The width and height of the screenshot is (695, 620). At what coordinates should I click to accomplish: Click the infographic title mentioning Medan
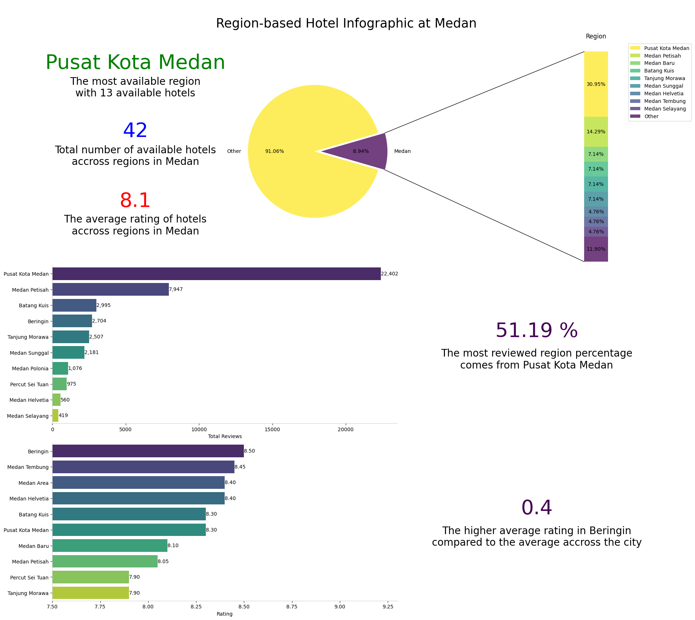(346, 24)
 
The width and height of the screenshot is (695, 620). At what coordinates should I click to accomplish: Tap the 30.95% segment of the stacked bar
(596, 84)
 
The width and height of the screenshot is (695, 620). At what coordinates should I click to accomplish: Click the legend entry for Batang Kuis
(659, 71)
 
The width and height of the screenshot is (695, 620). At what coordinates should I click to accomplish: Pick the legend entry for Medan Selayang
(665, 109)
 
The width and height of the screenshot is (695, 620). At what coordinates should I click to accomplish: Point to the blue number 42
(135, 131)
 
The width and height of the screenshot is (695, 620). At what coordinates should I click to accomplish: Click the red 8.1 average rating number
(135, 200)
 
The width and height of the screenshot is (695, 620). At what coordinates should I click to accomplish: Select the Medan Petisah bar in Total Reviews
(111, 290)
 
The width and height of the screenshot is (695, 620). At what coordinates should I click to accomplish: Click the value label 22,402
(390, 274)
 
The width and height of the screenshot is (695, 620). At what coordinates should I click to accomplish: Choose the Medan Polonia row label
(30, 369)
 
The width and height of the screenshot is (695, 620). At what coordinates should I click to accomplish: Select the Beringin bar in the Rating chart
(148, 451)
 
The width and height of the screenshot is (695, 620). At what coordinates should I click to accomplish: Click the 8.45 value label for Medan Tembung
(240, 467)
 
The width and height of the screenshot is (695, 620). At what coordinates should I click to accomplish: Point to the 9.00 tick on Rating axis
(340, 607)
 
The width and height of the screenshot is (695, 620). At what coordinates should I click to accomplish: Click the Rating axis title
(224, 614)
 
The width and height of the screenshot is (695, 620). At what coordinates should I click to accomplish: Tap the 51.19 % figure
(536, 331)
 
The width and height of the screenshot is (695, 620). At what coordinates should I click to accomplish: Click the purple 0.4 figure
(536, 508)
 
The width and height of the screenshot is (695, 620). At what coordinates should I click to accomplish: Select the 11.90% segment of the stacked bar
(596, 249)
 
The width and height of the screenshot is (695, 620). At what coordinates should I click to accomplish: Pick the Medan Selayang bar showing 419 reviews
(55, 416)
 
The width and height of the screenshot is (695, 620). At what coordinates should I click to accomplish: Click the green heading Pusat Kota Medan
(135, 62)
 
